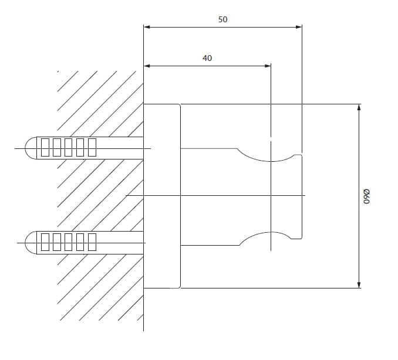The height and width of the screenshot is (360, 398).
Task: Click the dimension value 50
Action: (222, 19)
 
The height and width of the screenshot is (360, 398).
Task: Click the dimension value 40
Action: (207, 58)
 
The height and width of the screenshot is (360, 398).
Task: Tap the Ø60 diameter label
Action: (366, 196)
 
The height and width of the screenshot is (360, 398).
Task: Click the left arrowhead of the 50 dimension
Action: (147, 27)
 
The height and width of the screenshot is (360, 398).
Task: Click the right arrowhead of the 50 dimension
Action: (299, 27)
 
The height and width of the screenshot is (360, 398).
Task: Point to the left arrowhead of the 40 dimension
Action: (147, 66)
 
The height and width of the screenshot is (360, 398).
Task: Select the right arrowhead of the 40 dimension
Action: (268, 66)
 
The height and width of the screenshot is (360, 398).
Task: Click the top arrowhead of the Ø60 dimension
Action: (359, 107)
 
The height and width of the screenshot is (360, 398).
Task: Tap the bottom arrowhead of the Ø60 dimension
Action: (359, 285)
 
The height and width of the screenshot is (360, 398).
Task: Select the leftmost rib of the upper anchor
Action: (45, 147)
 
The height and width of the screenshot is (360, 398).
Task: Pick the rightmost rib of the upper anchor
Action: (92, 147)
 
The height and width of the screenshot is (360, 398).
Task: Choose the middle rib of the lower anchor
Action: (68, 242)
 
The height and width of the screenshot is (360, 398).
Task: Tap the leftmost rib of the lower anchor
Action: (45, 242)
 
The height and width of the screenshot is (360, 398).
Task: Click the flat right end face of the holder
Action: (302, 196)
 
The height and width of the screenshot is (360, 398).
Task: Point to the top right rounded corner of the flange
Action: (180, 105)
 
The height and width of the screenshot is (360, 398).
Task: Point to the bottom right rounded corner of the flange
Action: (180, 287)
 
